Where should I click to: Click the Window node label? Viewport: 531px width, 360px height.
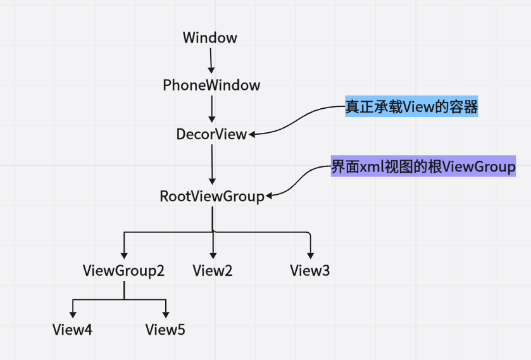(210, 38)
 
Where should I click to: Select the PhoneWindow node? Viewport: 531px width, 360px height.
(211, 85)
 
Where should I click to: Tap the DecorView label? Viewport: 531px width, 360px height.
(211, 134)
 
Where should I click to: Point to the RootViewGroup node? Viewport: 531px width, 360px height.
(211, 196)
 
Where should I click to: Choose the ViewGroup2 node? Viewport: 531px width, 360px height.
(123, 271)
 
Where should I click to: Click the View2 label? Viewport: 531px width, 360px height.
(212, 271)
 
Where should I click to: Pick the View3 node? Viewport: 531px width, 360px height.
(310, 271)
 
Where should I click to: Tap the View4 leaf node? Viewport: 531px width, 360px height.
(72, 330)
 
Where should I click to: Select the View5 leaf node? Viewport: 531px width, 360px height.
(165, 330)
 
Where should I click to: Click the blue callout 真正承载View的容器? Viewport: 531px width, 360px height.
(411, 108)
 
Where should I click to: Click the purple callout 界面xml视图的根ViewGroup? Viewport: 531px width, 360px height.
(423, 167)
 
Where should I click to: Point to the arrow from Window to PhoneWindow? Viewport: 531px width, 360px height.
(211, 61)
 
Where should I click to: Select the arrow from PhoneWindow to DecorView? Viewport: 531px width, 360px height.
(211, 109)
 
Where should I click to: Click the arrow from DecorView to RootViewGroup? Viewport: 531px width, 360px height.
(211, 165)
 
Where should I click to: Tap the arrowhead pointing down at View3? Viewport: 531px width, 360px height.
(310, 254)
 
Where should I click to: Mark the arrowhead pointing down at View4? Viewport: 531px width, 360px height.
(73, 314)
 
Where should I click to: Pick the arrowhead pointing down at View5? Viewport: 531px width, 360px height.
(166, 314)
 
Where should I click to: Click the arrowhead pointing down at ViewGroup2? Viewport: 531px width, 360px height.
(124, 254)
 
